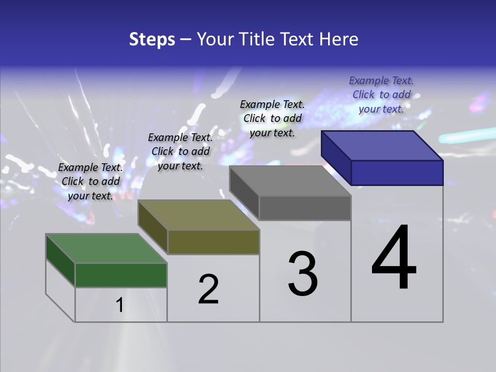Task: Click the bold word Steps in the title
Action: click(x=152, y=39)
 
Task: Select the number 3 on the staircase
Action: click(x=303, y=274)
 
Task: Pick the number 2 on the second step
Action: click(x=208, y=289)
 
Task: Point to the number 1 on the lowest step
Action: click(x=119, y=305)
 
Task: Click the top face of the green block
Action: click(x=106, y=249)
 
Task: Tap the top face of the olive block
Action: click(x=198, y=215)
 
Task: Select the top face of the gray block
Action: click(x=290, y=181)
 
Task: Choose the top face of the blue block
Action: click(x=382, y=145)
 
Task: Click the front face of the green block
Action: click(x=121, y=275)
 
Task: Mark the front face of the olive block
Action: click(x=213, y=242)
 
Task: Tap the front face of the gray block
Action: click(x=305, y=208)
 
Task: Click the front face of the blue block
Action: click(x=397, y=173)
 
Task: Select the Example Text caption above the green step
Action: click(x=90, y=181)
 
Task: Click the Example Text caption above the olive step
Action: click(x=180, y=151)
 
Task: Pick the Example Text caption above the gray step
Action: click(x=272, y=118)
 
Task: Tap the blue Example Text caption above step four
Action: click(x=381, y=95)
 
